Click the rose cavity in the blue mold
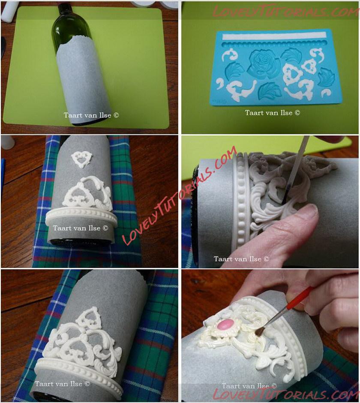click(x=264, y=64)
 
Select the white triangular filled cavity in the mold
click(x=293, y=75)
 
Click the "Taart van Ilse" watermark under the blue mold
click(x=272, y=113)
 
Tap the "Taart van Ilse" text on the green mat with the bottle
click(x=91, y=115)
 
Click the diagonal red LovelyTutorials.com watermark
click(x=179, y=195)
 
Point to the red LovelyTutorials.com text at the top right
click(x=286, y=11)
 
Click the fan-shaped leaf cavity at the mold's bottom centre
click(x=270, y=91)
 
